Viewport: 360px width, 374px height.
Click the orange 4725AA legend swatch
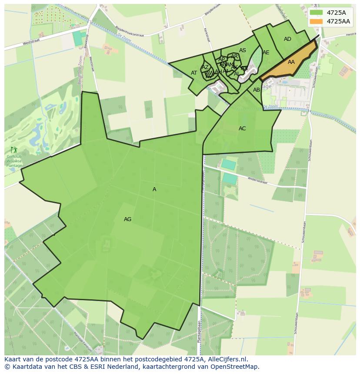point(317,21)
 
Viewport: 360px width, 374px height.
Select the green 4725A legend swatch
point(317,13)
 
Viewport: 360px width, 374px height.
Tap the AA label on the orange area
point(291,62)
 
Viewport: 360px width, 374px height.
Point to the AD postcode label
point(287,39)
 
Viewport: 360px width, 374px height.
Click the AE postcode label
point(266,53)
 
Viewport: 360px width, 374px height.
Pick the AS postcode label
point(243,50)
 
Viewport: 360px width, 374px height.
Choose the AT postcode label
point(194,73)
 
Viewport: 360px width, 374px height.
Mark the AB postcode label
point(257,90)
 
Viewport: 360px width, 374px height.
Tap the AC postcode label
point(242,129)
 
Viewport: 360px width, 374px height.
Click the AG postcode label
point(127,219)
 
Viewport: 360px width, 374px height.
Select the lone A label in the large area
point(154,189)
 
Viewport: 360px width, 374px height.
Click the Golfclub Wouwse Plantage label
point(13,161)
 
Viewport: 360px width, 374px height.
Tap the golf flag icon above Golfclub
point(13,150)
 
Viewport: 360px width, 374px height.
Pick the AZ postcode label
point(205,67)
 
